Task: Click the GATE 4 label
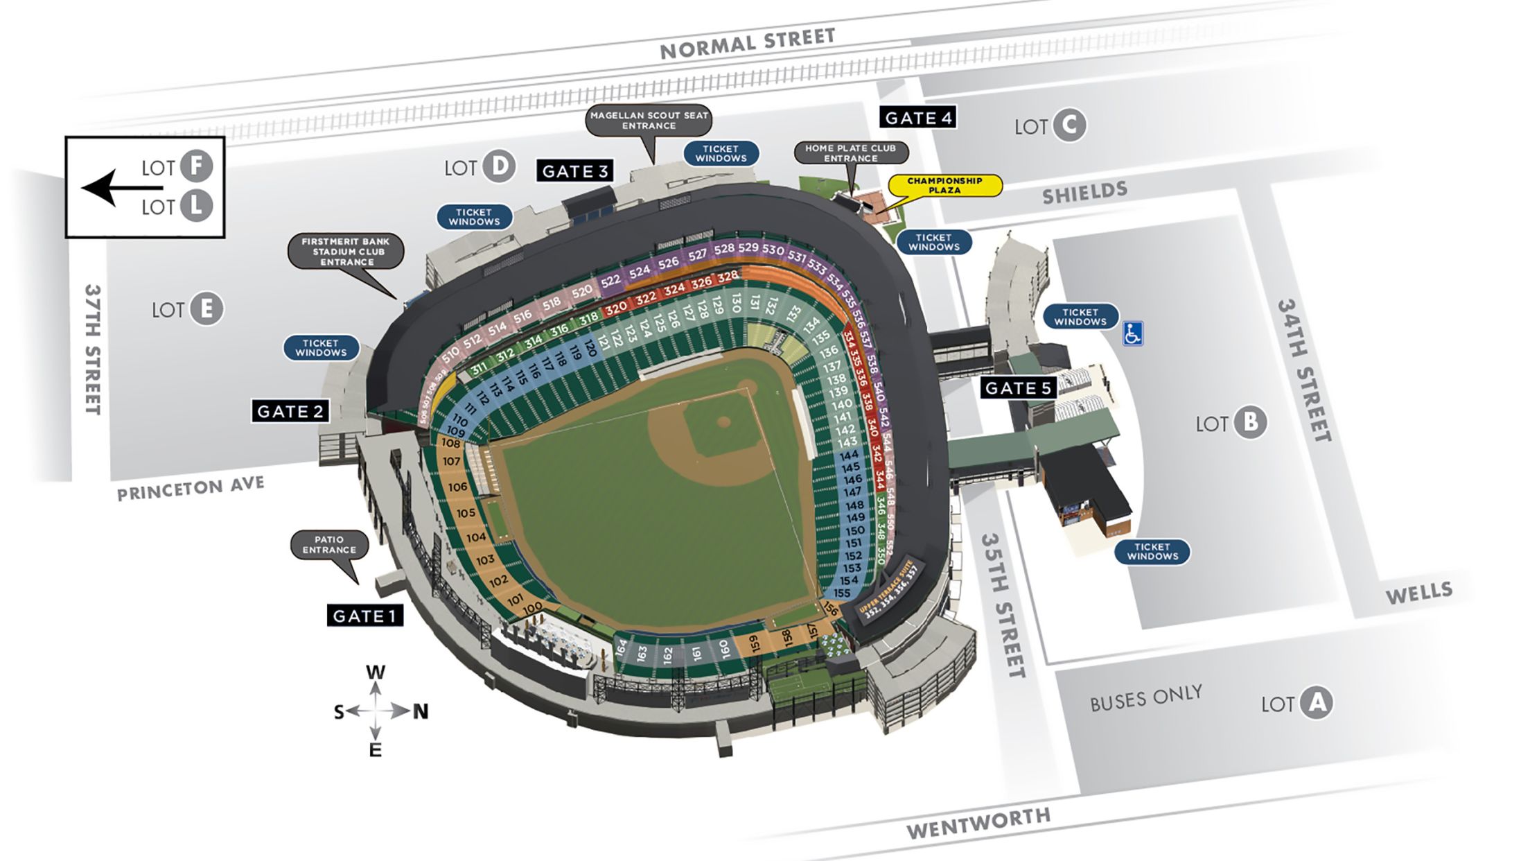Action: pos(918,118)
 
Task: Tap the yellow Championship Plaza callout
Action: pos(944,185)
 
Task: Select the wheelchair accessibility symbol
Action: pos(1132,333)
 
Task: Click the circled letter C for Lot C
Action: pos(1069,125)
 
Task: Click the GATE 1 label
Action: pos(364,616)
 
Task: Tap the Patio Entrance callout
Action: pos(329,545)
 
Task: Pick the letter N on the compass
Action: pos(421,712)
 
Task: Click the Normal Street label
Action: pos(747,43)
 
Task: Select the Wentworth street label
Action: pos(978,824)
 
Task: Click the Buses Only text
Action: pos(1146,698)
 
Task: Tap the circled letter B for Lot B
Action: pos(1249,422)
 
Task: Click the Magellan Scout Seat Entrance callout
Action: pos(649,121)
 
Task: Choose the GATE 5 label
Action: pos(1018,388)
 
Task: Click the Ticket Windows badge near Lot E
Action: pos(321,347)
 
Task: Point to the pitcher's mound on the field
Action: pos(723,421)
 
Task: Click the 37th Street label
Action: pos(93,349)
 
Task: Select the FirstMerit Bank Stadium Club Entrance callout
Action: pos(346,252)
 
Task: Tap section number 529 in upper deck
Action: pos(748,247)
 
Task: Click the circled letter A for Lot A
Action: pos(1316,703)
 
